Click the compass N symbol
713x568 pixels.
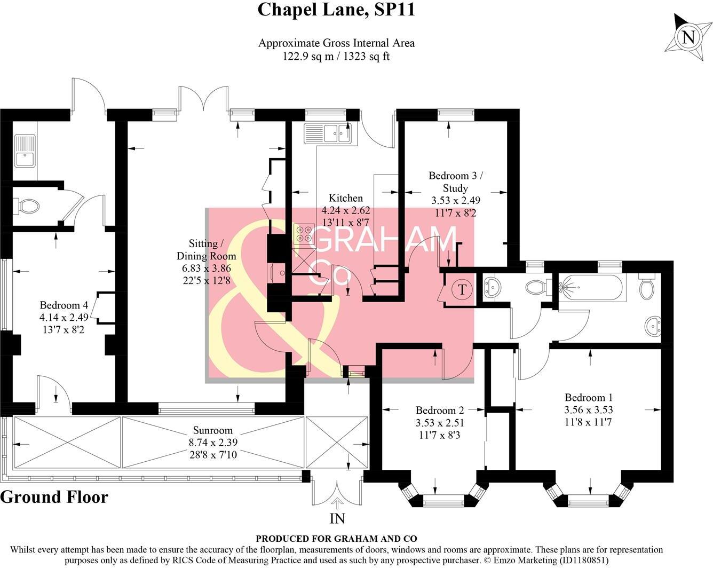pyautogui.click(x=688, y=37)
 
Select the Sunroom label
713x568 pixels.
pyautogui.click(x=213, y=430)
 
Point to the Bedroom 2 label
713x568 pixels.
pyautogui.click(x=440, y=410)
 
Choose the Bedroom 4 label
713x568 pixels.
pyautogui.click(x=64, y=305)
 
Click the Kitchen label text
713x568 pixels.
pyautogui.click(x=345, y=198)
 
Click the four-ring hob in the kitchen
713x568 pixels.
pyautogui.click(x=304, y=235)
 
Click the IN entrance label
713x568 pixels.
pyautogui.click(x=337, y=518)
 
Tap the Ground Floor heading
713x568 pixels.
pyautogui.click(x=54, y=497)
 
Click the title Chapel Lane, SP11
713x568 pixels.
pyautogui.click(x=336, y=10)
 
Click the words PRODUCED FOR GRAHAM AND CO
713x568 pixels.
pyautogui.click(x=336, y=539)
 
